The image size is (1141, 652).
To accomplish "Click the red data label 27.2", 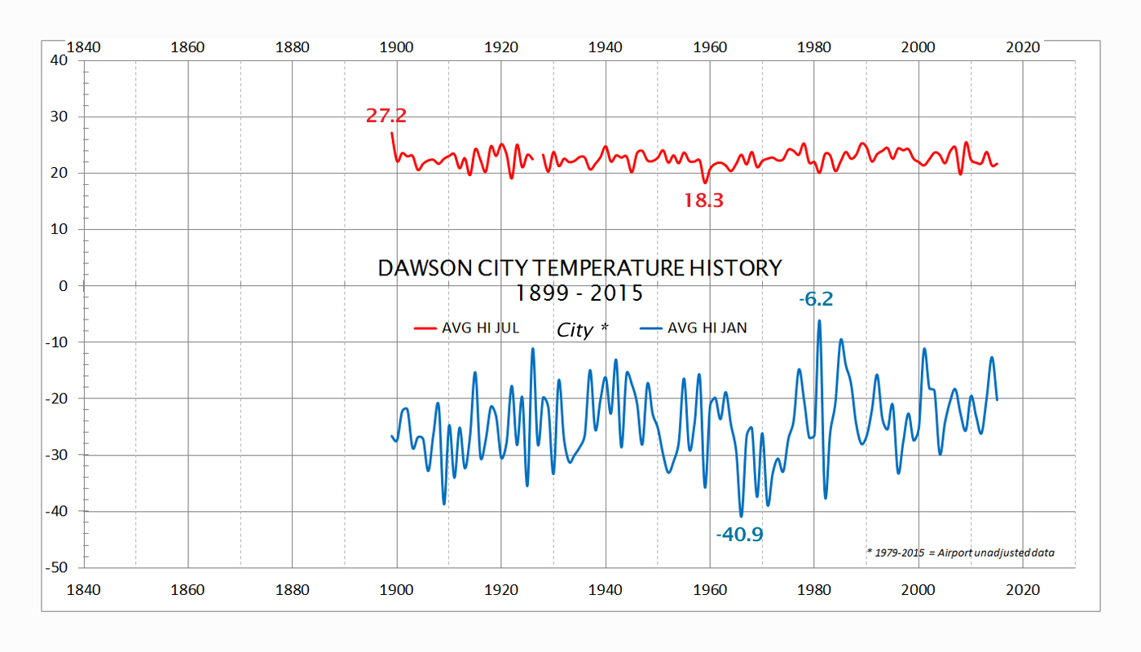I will (385, 116).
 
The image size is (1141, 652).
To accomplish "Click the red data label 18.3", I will (703, 200).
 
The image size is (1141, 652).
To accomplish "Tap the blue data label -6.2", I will (816, 299).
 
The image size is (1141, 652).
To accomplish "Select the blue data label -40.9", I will (739, 535).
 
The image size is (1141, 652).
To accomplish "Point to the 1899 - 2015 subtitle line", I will (579, 291).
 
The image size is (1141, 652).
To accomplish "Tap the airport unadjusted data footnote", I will (960, 553).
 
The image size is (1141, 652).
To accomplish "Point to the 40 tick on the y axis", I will (58, 60).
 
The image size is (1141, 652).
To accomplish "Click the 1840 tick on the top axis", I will (84, 46).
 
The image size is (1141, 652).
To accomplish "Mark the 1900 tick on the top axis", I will (397, 46).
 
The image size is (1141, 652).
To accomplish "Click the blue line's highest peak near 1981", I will (819, 321).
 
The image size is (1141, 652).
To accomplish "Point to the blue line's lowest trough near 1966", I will (741, 515).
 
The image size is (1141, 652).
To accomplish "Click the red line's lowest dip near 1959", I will (705, 182).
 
